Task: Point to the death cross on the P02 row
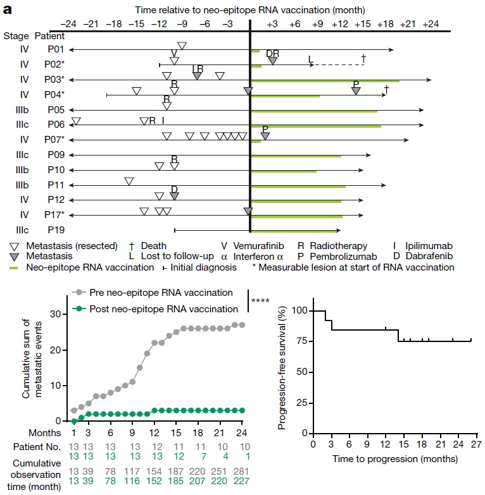tap(363, 59)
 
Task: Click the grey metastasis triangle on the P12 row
tap(174, 197)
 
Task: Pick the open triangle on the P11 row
tap(129, 181)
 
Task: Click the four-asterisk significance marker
tap(261, 301)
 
